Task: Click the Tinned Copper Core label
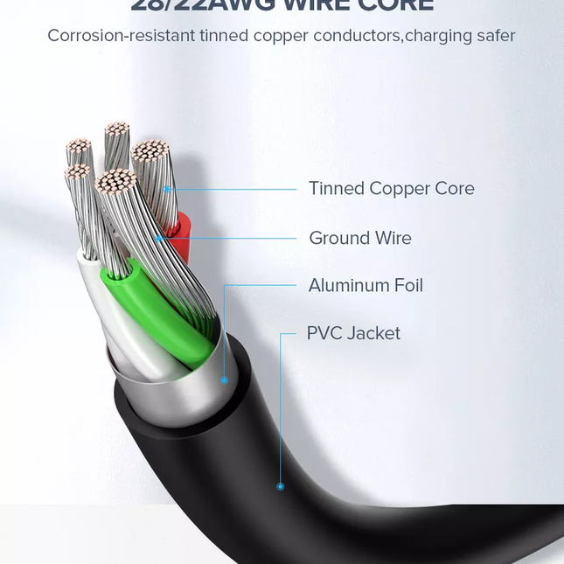pyautogui.click(x=391, y=189)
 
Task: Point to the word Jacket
pyautogui.click(x=373, y=333)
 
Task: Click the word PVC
pyautogui.click(x=324, y=333)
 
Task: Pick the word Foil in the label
pyautogui.click(x=408, y=286)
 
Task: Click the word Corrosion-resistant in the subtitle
pyautogui.click(x=117, y=36)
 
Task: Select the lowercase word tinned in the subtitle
pyautogui.click(x=221, y=36)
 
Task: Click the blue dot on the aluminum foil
pyautogui.click(x=224, y=380)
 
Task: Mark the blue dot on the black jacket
pyautogui.click(x=281, y=486)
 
